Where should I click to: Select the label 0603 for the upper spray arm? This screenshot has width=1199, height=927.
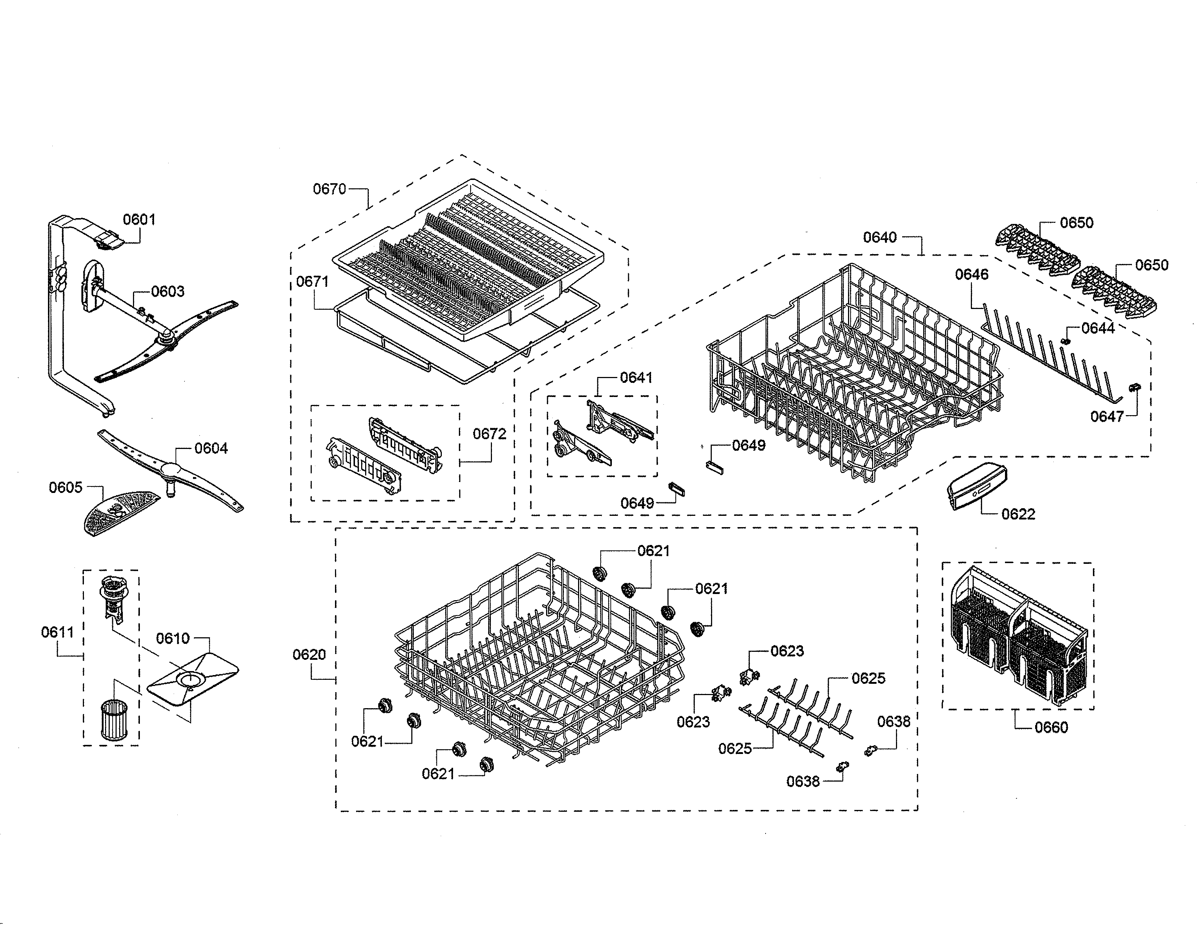pos(167,292)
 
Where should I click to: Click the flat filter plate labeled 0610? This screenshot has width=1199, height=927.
pos(193,679)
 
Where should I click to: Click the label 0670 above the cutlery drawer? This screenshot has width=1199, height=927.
pos(330,189)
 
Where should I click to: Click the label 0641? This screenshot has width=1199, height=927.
pos(636,378)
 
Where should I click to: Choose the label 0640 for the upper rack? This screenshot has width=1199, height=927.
pos(880,237)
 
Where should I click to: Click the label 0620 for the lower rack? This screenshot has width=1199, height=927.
pos(309,655)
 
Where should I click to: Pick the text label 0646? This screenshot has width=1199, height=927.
pos(971,274)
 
